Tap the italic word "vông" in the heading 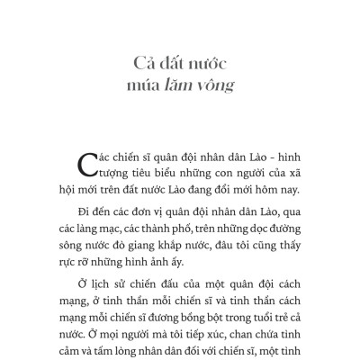[x=217, y=86]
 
